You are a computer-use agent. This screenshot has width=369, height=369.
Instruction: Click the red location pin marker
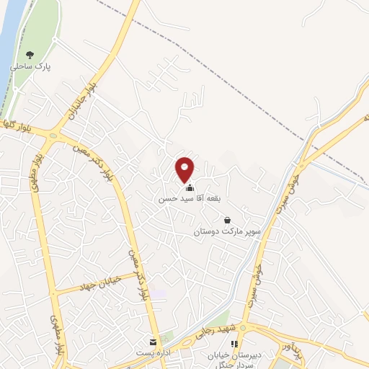(x=185, y=169)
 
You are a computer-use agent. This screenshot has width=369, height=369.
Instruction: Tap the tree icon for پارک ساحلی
(x=30, y=54)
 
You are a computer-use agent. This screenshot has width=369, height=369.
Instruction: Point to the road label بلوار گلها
(x=16, y=123)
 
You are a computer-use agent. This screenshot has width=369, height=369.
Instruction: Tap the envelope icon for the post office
(x=152, y=342)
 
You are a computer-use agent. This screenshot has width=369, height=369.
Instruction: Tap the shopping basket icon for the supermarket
(x=228, y=221)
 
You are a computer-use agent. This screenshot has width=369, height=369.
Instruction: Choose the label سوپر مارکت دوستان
(x=227, y=233)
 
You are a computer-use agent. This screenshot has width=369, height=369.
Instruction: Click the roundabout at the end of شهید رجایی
(x=243, y=328)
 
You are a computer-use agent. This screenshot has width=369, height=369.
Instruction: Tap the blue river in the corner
(x=9, y=36)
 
